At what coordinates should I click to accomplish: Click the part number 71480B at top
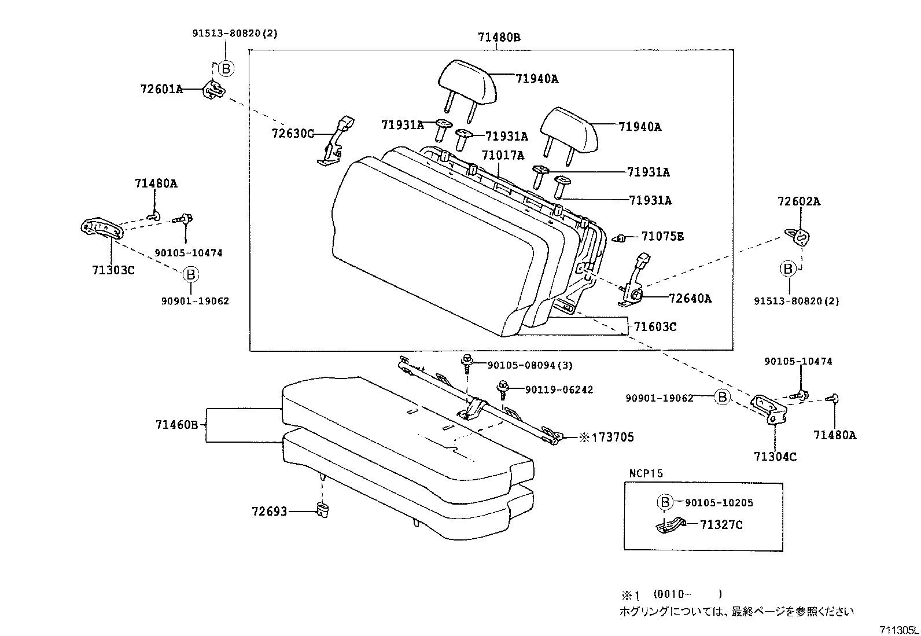(x=499, y=38)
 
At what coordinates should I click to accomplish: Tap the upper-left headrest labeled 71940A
(x=466, y=83)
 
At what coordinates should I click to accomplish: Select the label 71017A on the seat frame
(x=503, y=155)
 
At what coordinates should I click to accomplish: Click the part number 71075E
(x=662, y=236)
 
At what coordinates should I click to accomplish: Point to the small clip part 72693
(x=323, y=510)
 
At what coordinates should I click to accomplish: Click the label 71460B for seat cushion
(x=177, y=425)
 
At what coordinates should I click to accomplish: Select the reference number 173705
(x=611, y=438)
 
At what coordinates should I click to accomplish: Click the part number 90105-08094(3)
(x=530, y=365)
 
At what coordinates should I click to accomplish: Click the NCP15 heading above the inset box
(x=646, y=473)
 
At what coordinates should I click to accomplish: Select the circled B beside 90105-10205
(x=665, y=502)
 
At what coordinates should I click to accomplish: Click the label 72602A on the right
(x=798, y=201)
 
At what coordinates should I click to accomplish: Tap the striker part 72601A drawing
(x=213, y=90)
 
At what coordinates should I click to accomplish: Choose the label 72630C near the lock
(x=293, y=134)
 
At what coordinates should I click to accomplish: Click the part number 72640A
(x=690, y=299)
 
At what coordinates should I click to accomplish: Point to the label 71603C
(x=654, y=327)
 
